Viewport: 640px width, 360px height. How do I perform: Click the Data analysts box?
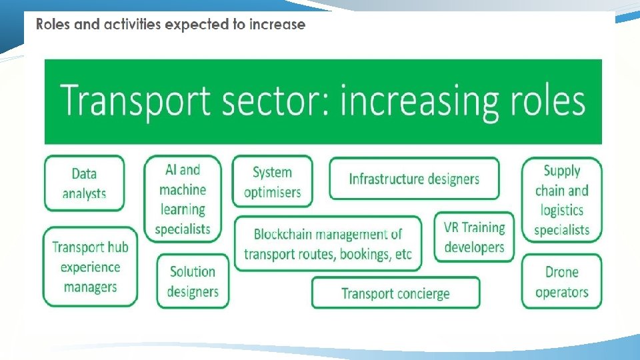[x=84, y=183]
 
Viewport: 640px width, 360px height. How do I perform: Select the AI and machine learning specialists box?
[x=182, y=199]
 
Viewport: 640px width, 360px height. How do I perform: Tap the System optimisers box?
[x=272, y=182]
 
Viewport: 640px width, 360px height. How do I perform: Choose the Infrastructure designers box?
[x=414, y=179]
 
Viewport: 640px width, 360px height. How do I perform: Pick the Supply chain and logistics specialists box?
[x=561, y=200]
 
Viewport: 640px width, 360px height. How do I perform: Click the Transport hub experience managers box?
[x=90, y=267]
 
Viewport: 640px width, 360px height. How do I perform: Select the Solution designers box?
[x=192, y=281]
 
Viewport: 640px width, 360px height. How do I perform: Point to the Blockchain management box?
[x=328, y=244]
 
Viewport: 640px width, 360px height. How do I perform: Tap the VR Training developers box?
[x=474, y=237]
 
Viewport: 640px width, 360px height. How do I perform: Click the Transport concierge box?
[x=395, y=293]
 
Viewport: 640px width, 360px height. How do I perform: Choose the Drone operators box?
[x=561, y=282]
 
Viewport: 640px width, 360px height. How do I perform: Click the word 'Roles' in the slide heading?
[x=50, y=25]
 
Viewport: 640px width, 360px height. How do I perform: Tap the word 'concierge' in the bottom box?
[x=421, y=293]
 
